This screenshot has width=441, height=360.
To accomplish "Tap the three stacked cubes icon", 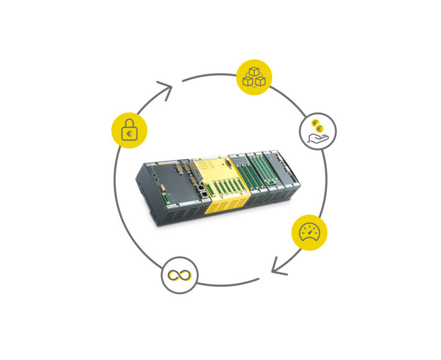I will tap(253, 77).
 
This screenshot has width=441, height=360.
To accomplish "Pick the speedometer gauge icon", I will tap(309, 233).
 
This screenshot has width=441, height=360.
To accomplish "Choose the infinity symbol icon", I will tap(179, 275).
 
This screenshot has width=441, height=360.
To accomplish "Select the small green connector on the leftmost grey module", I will tap(165, 199).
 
